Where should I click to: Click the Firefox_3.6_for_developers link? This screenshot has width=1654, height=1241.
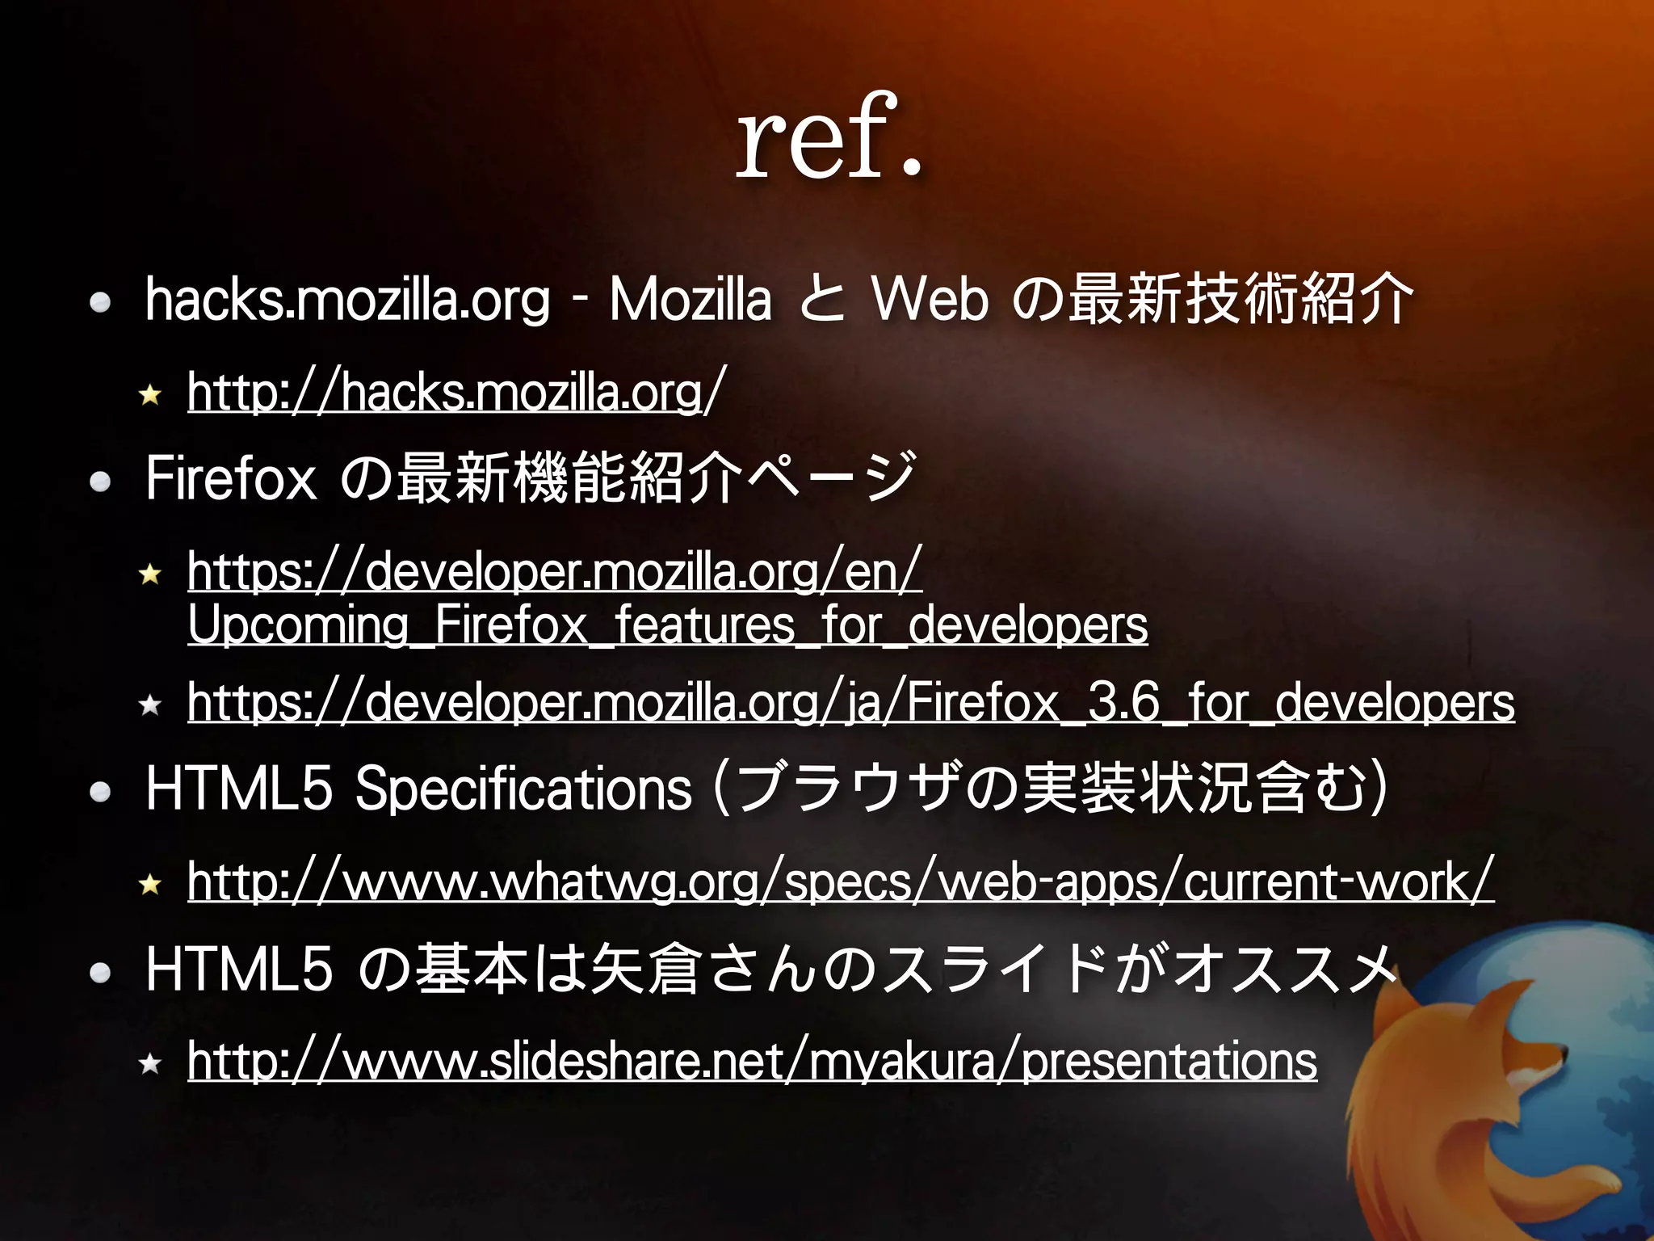[x=851, y=702]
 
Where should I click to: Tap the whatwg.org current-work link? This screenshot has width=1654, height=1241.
[x=840, y=881]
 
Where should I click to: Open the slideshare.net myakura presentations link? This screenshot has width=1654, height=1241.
[x=751, y=1061]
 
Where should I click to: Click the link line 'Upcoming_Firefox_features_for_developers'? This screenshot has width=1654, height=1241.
[x=667, y=625]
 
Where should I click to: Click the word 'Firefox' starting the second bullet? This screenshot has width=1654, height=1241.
[x=230, y=478]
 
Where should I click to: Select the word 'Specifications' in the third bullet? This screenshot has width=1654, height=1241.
[x=523, y=789]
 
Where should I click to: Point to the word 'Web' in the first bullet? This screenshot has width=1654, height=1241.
[x=930, y=300]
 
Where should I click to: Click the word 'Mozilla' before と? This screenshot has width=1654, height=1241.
[x=690, y=300]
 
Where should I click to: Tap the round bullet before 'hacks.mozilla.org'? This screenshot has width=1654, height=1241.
[x=100, y=303]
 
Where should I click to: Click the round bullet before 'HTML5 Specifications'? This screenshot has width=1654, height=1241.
[x=100, y=792]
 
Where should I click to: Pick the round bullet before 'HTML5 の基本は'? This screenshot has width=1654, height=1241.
[x=100, y=972]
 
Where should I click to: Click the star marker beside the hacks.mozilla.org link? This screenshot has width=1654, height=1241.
[x=150, y=395]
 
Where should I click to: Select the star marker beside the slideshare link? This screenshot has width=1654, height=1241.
[x=150, y=1064]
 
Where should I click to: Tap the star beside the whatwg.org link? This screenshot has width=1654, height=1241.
[x=150, y=885]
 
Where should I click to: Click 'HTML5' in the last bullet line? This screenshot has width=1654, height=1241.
[x=238, y=970]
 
